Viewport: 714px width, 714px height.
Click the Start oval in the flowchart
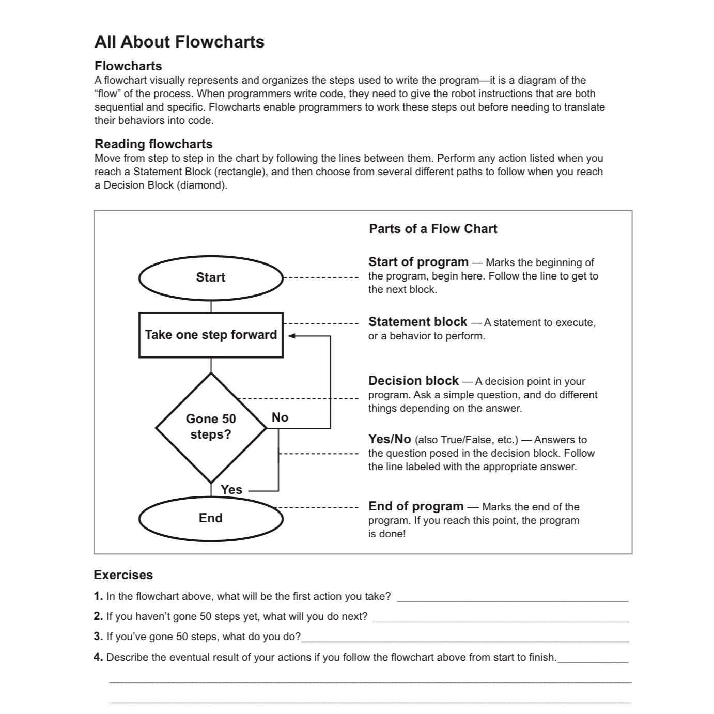pyautogui.click(x=211, y=278)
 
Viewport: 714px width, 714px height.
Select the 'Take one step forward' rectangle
pyautogui.click(x=211, y=335)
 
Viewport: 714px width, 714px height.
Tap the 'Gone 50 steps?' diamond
pyautogui.click(x=211, y=427)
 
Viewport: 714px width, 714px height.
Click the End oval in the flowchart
pyautogui.click(x=211, y=518)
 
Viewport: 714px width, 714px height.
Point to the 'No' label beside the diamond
pyautogui.click(x=280, y=417)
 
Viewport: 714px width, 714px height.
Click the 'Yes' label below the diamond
pyautogui.click(x=231, y=489)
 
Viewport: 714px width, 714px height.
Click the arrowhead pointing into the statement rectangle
pyautogui.click(x=291, y=336)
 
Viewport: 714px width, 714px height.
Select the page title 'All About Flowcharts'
pyautogui.click(x=179, y=42)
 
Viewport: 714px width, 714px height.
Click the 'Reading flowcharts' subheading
pyautogui.click(x=153, y=144)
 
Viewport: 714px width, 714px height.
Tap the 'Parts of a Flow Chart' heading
pyautogui.click(x=433, y=229)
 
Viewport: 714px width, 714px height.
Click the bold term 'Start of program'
pyautogui.click(x=418, y=262)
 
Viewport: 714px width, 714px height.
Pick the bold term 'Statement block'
pyautogui.click(x=417, y=322)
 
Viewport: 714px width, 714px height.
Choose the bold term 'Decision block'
pyautogui.click(x=413, y=381)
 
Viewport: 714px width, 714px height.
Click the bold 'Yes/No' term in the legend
pyautogui.click(x=390, y=439)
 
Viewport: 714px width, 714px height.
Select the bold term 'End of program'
pyautogui.click(x=416, y=506)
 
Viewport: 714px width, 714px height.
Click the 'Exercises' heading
pyautogui.click(x=123, y=575)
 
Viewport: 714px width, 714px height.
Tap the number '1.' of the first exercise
pyautogui.click(x=99, y=596)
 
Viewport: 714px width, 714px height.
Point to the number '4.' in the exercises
pyautogui.click(x=99, y=657)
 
